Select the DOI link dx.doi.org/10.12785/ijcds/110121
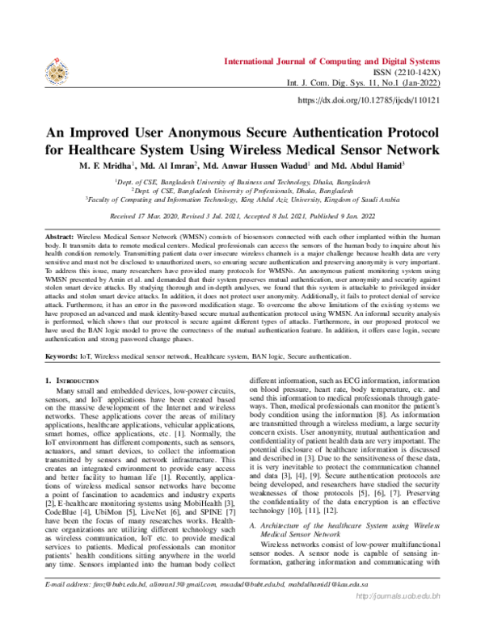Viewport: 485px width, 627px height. point(369,100)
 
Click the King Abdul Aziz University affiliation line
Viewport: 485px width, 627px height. point(242,197)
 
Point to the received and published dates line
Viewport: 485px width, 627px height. point(242,217)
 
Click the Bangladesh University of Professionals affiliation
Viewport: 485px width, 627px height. point(242,188)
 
